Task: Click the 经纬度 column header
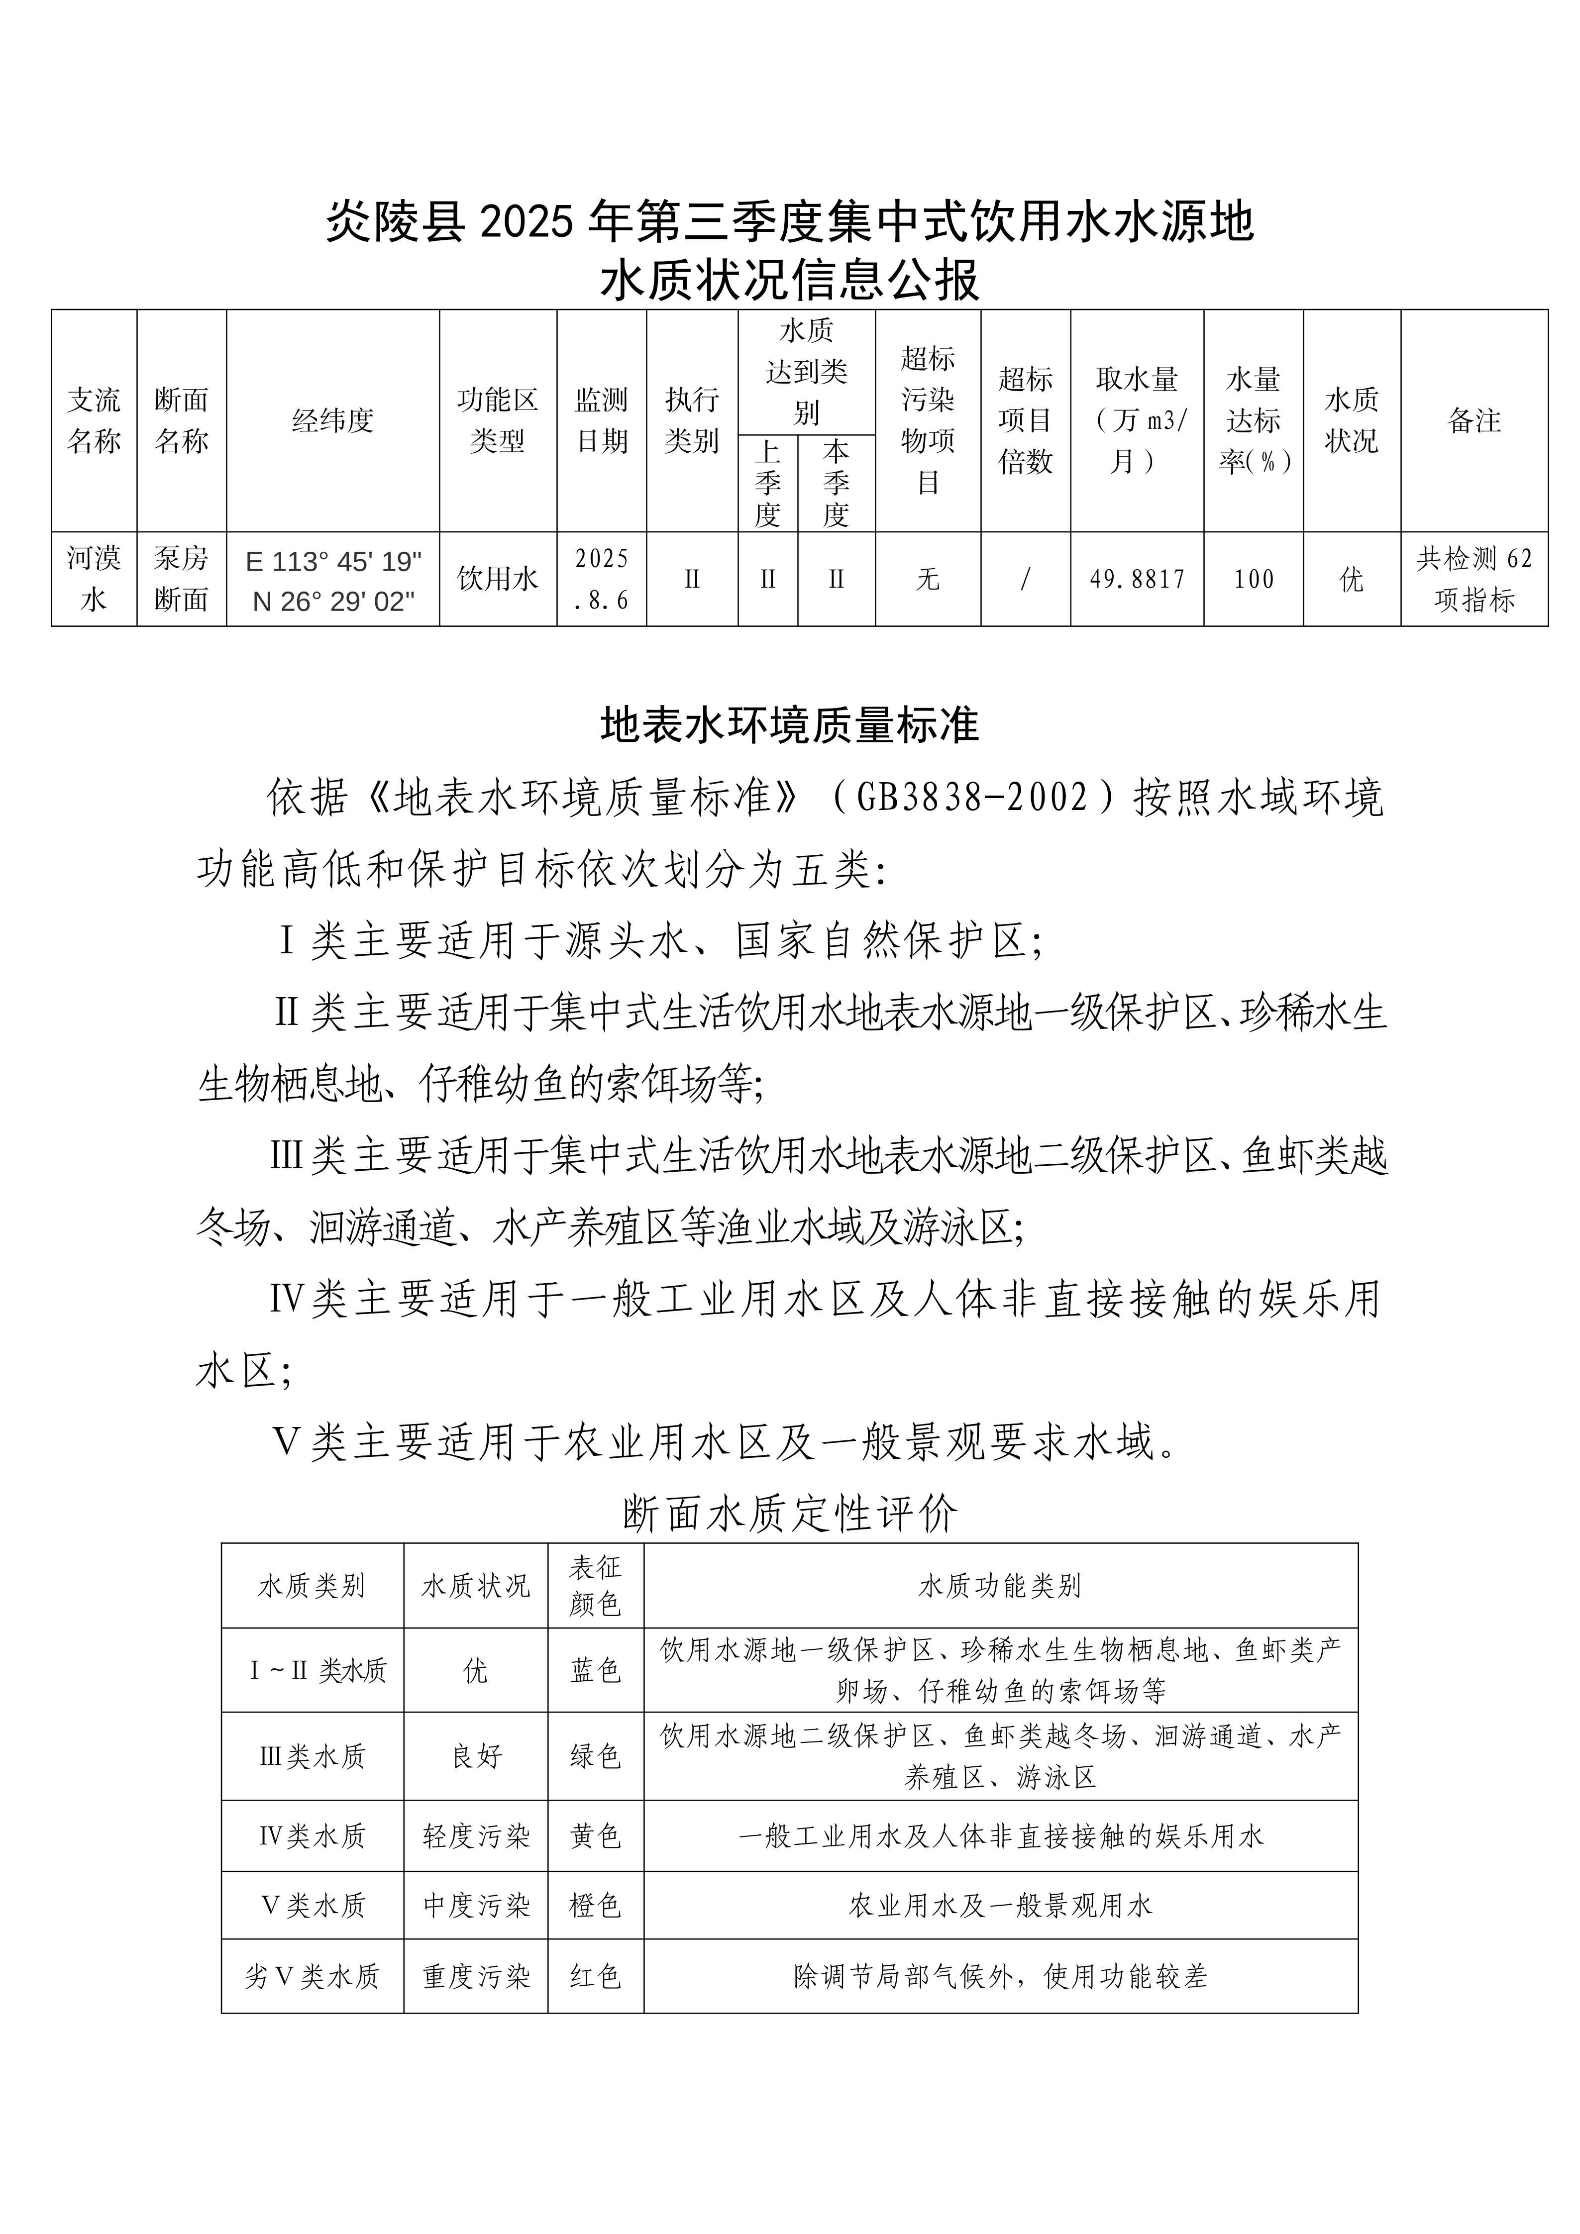coord(333,420)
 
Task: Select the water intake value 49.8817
coord(1136,580)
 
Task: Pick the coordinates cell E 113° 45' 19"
coord(333,562)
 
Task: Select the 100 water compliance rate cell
coord(1253,580)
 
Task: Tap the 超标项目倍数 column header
coord(1026,420)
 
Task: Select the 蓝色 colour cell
coord(595,1671)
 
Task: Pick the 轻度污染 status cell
coord(476,1836)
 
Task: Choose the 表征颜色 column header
coord(595,1586)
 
